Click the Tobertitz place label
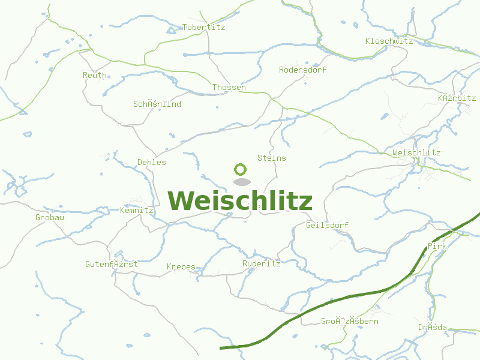pyautogui.click(x=203, y=27)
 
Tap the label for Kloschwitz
pyautogui.click(x=389, y=41)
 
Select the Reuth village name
pyautogui.click(x=95, y=75)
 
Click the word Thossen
pyautogui.click(x=229, y=87)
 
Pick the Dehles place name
pyautogui.click(x=151, y=162)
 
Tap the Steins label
pyautogui.click(x=271, y=158)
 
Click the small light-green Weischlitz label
pyautogui.click(x=416, y=152)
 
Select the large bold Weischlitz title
pyautogui.click(x=240, y=201)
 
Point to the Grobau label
pyautogui.click(x=50, y=217)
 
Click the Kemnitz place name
pyautogui.click(x=137, y=210)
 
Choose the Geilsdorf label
pyautogui.click(x=327, y=225)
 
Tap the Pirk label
pyautogui.click(x=437, y=246)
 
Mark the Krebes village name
pyautogui.click(x=181, y=266)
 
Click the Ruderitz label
pyautogui.click(x=261, y=263)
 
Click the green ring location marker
pyautogui.click(x=241, y=169)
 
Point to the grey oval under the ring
pyautogui.click(x=241, y=182)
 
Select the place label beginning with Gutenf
pyautogui.click(x=111, y=264)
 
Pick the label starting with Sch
pyautogui.click(x=157, y=104)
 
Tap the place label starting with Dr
pyautogui.click(x=433, y=327)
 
